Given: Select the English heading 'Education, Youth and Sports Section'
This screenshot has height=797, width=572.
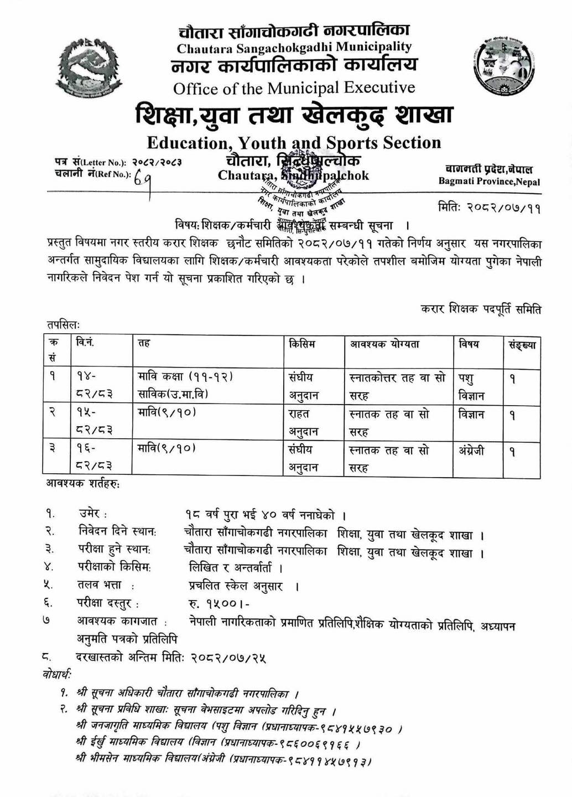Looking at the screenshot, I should tap(294, 143).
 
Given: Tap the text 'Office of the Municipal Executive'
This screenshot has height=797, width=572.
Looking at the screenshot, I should tap(294, 88).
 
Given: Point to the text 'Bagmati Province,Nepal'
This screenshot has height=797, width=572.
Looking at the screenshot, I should tap(489, 182).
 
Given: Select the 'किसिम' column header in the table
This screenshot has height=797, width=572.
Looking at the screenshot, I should tap(302, 344).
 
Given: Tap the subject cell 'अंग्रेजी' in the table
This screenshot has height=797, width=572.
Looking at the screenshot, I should tap(471, 451).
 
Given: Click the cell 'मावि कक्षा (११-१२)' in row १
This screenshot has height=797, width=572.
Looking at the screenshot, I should tap(185, 377).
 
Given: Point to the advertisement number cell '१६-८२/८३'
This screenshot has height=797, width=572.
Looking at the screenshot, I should tap(95, 459).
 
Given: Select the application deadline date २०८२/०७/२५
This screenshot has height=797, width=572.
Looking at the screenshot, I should tap(228, 657).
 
